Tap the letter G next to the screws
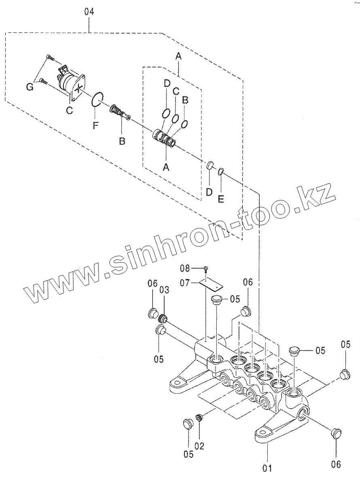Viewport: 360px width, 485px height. (x=30, y=86)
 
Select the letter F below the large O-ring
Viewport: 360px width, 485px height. (x=95, y=126)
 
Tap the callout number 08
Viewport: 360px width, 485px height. (x=196, y=268)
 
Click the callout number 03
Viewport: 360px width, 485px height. (x=165, y=290)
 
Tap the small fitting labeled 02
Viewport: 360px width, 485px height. (x=199, y=417)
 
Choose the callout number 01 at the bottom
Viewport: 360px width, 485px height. (x=267, y=468)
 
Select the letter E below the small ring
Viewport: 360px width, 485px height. (x=220, y=199)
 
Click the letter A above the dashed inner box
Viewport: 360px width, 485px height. (x=178, y=57)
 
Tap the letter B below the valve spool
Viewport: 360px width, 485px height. (x=122, y=141)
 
